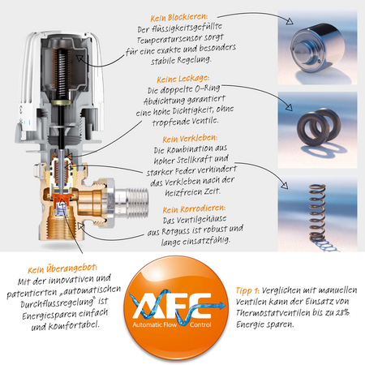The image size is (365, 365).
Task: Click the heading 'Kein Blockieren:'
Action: (x=179, y=18)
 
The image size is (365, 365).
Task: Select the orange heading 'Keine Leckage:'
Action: (x=183, y=79)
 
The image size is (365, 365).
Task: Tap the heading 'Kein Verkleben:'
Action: (x=190, y=139)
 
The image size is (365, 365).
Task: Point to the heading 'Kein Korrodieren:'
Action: (x=194, y=209)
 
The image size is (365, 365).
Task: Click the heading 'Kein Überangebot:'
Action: (x=62, y=269)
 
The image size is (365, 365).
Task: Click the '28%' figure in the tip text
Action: (x=342, y=312)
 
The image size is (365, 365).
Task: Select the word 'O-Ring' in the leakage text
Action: (x=208, y=88)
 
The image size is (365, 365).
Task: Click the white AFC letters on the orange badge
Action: (x=172, y=305)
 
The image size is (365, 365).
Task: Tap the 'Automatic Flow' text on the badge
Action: (x=154, y=324)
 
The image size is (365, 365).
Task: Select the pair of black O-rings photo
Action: (x=318, y=127)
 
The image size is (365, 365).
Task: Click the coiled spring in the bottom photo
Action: (x=317, y=213)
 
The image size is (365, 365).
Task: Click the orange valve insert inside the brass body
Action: (x=60, y=200)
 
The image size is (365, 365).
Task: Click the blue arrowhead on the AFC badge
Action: (x=222, y=306)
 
